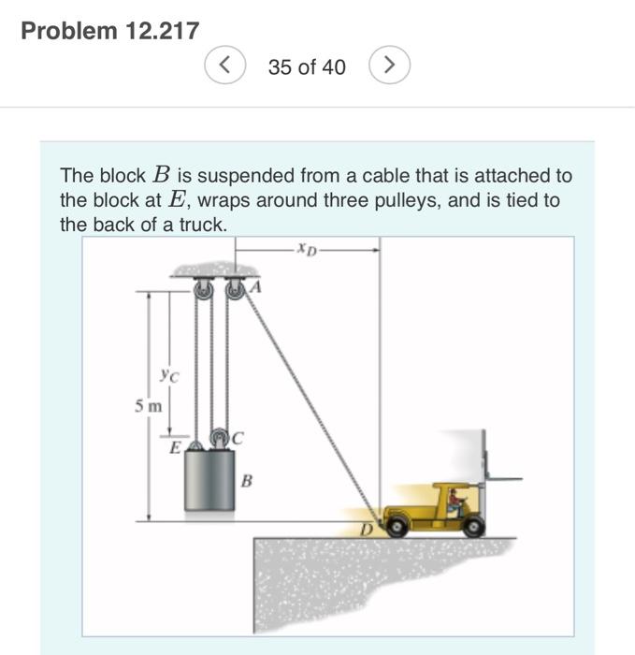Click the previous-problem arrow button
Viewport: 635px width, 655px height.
tap(225, 65)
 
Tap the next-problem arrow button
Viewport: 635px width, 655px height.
tap(390, 65)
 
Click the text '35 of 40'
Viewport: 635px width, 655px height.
tap(307, 66)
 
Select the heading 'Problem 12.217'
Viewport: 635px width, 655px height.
tap(109, 31)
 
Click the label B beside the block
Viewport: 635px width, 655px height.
tap(246, 482)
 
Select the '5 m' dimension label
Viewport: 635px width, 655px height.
tap(147, 406)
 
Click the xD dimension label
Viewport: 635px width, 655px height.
tap(306, 249)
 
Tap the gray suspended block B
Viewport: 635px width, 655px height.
tap(209, 479)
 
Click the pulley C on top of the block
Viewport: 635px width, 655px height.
tap(218, 437)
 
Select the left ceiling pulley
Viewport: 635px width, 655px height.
tap(199, 292)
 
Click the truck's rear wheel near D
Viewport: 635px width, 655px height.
tap(398, 526)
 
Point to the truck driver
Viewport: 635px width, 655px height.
tap(455, 502)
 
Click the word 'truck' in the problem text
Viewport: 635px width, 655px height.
tap(204, 225)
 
